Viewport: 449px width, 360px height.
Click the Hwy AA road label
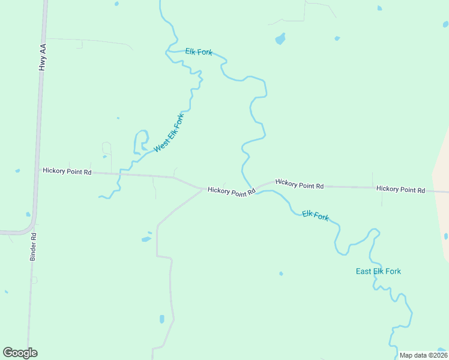point(42,57)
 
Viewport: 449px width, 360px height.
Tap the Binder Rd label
point(33,247)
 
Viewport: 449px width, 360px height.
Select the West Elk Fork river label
point(169,133)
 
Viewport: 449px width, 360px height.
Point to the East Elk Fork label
point(378,271)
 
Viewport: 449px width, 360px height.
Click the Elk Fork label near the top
point(199,52)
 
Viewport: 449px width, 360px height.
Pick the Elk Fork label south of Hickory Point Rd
point(315,215)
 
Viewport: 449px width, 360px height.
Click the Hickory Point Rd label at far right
point(400,190)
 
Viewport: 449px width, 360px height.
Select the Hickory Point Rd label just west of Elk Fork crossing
point(232,190)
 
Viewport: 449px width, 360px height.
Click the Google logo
point(20,353)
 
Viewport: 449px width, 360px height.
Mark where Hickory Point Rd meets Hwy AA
point(38,170)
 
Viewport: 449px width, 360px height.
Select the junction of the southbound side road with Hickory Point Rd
point(202,189)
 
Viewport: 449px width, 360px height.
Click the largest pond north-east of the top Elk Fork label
point(280,40)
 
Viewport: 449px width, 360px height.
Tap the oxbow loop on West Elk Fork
point(141,141)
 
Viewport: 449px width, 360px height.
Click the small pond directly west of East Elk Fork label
point(281,274)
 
